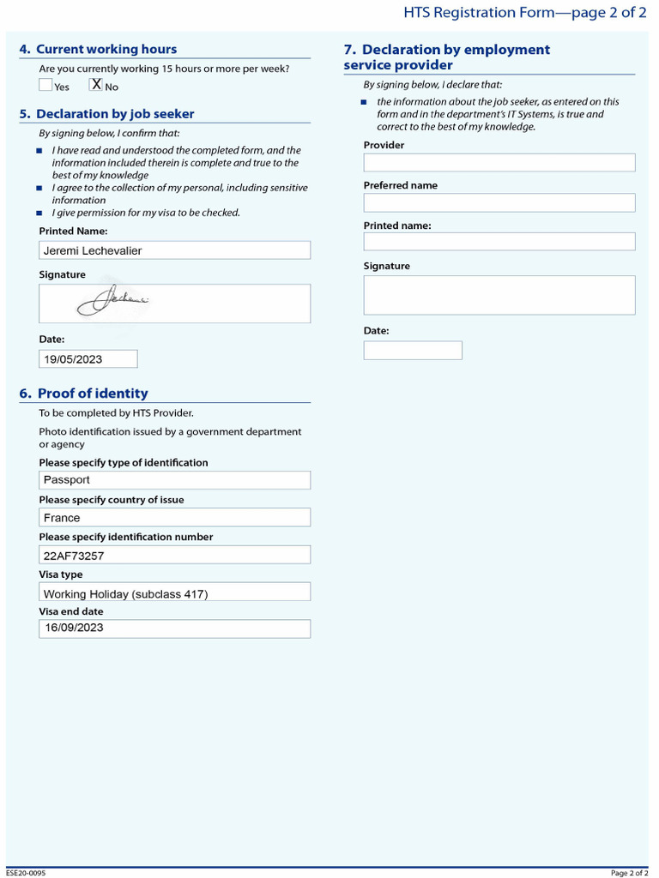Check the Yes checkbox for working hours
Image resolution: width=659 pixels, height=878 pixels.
45,85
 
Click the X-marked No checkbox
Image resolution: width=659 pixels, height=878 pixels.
96,85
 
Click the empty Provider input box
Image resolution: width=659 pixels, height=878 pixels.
499,163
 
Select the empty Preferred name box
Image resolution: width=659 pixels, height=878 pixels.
499,203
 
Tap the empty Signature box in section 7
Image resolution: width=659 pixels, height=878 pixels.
499,295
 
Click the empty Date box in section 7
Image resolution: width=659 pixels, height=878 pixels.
412,351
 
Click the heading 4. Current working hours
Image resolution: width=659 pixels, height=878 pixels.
98,50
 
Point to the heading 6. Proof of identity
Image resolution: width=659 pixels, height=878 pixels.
83,394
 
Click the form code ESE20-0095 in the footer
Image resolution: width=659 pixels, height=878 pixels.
26,873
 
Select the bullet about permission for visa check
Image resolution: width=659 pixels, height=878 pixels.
146,213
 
